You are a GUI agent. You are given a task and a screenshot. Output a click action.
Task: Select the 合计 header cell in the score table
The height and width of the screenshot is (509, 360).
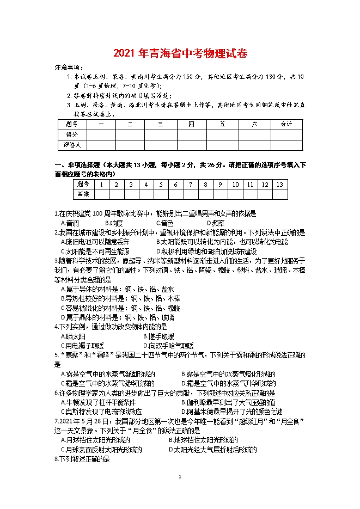click(286, 124)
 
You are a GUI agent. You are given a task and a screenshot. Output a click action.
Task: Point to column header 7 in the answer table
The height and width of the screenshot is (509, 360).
click(190, 185)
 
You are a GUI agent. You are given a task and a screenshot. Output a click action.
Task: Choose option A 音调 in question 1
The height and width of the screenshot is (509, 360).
click(70, 223)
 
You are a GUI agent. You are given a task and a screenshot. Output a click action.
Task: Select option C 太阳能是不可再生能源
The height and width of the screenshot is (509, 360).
click(95, 252)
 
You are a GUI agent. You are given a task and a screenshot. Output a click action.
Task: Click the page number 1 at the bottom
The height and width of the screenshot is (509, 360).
click(180, 477)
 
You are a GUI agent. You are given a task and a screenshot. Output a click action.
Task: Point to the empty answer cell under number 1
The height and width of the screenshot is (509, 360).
click(101, 194)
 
